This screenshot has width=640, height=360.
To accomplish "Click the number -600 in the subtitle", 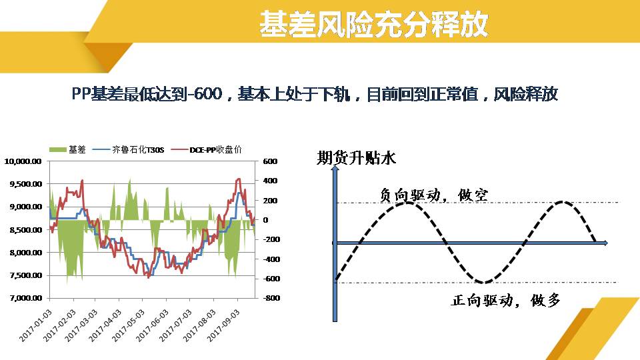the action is tap(206, 94).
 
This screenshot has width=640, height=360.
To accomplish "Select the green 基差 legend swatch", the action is tap(57, 150).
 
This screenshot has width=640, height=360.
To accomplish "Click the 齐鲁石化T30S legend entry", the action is tap(129, 150).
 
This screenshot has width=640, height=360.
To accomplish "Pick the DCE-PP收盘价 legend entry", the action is tap(207, 150).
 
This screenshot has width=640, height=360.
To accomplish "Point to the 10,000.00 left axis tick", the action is tap(23, 161).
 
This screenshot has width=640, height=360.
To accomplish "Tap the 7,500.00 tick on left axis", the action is tap(26, 275).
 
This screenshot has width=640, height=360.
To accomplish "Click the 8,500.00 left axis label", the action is tap(26, 230).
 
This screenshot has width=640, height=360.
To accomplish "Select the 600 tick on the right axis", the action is tap(270, 161).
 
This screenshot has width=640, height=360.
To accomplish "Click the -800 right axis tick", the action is tap(271, 298).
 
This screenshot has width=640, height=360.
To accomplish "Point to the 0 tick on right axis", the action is tap(266, 220).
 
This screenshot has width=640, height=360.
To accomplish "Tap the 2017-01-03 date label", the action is tap(36, 325).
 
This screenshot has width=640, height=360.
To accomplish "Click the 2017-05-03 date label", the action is tap(128, 325).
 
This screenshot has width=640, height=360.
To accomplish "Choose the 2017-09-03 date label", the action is tap(223, 325).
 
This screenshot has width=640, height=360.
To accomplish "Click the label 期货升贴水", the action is tap(356, 157).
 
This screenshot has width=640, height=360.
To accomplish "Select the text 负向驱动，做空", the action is tap(434, 195).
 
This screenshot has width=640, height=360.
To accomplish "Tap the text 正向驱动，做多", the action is tap(506, 301).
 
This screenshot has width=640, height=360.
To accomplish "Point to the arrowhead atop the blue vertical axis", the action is tap(335, 169).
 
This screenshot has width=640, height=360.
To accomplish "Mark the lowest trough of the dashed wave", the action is tap(483, 282).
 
